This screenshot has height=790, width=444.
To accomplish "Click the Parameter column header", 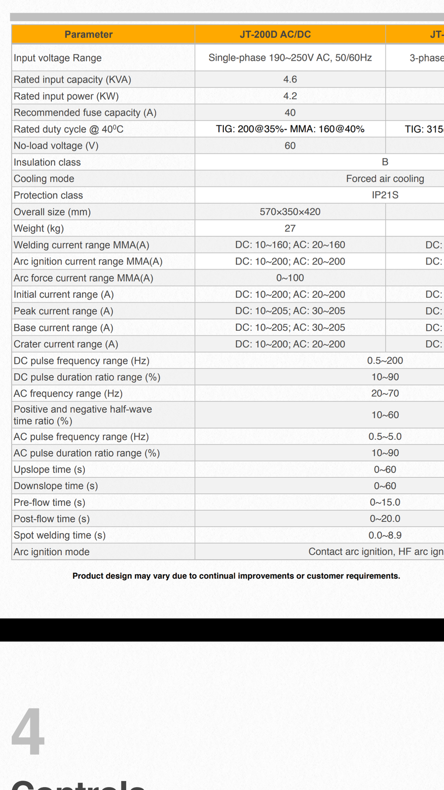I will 88,35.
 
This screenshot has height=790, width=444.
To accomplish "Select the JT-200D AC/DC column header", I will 275,35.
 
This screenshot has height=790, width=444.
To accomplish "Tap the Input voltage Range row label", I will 58,58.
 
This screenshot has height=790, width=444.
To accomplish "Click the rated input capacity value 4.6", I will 290,79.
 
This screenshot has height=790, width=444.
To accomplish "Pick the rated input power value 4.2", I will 290,96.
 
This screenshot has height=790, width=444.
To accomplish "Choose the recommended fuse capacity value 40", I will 290,113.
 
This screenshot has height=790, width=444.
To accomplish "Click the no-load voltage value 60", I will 290,146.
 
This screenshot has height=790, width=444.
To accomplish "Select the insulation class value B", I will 385,162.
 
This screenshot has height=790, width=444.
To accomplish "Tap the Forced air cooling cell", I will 385,179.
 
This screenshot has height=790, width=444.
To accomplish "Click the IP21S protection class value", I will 385,195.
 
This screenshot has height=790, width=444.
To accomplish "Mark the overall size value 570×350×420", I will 290,212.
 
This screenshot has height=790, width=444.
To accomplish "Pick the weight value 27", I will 290,228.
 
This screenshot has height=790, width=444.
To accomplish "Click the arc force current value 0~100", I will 290,278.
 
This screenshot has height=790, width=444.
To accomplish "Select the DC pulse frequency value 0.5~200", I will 385,360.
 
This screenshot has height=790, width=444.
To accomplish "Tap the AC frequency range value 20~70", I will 385,394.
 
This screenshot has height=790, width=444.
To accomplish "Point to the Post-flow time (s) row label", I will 52,519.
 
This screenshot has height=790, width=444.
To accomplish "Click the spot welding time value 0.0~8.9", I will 385,535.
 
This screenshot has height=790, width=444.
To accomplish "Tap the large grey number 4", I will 28,732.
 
